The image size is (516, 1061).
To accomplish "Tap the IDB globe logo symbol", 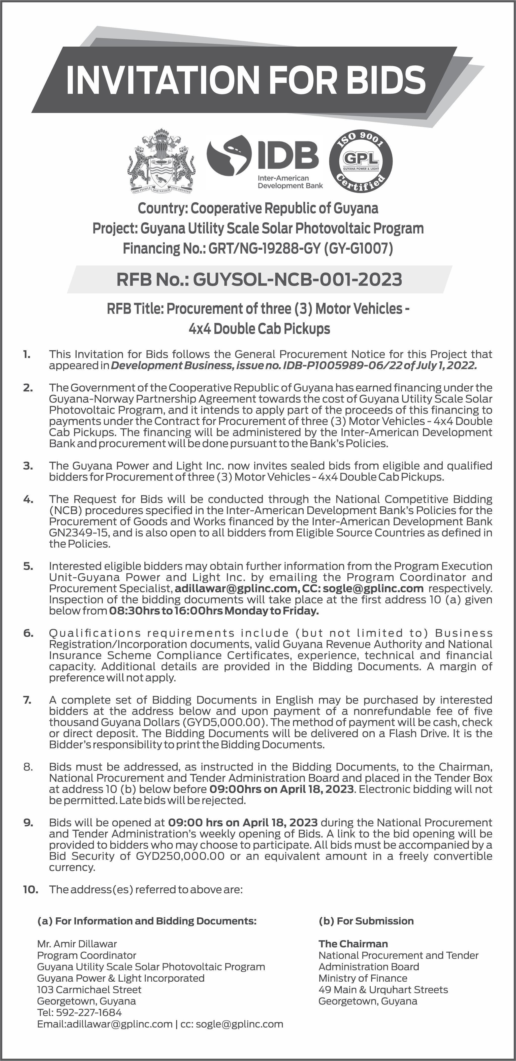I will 229,157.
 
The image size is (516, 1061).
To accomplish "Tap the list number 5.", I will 28,566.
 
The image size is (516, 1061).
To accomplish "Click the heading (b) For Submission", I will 366,921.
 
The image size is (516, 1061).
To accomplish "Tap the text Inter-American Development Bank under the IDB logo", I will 290,182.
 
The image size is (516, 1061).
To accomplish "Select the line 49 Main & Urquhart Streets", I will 383,989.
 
